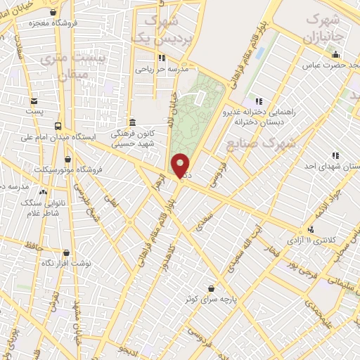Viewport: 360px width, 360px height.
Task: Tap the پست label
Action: click(34, 111)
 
